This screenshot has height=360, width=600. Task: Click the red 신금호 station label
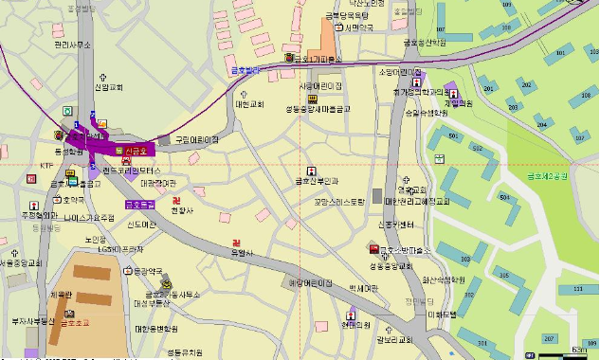point(138,152)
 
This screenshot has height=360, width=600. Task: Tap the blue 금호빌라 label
point(245,69)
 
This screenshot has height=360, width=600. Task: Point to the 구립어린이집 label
point(196,139)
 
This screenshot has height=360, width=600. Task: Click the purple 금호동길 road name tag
point(139,204)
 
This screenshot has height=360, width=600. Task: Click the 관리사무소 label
point(72,45)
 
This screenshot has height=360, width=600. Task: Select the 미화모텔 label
point(442,314)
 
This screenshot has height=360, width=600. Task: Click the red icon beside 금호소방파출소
point(373,250)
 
